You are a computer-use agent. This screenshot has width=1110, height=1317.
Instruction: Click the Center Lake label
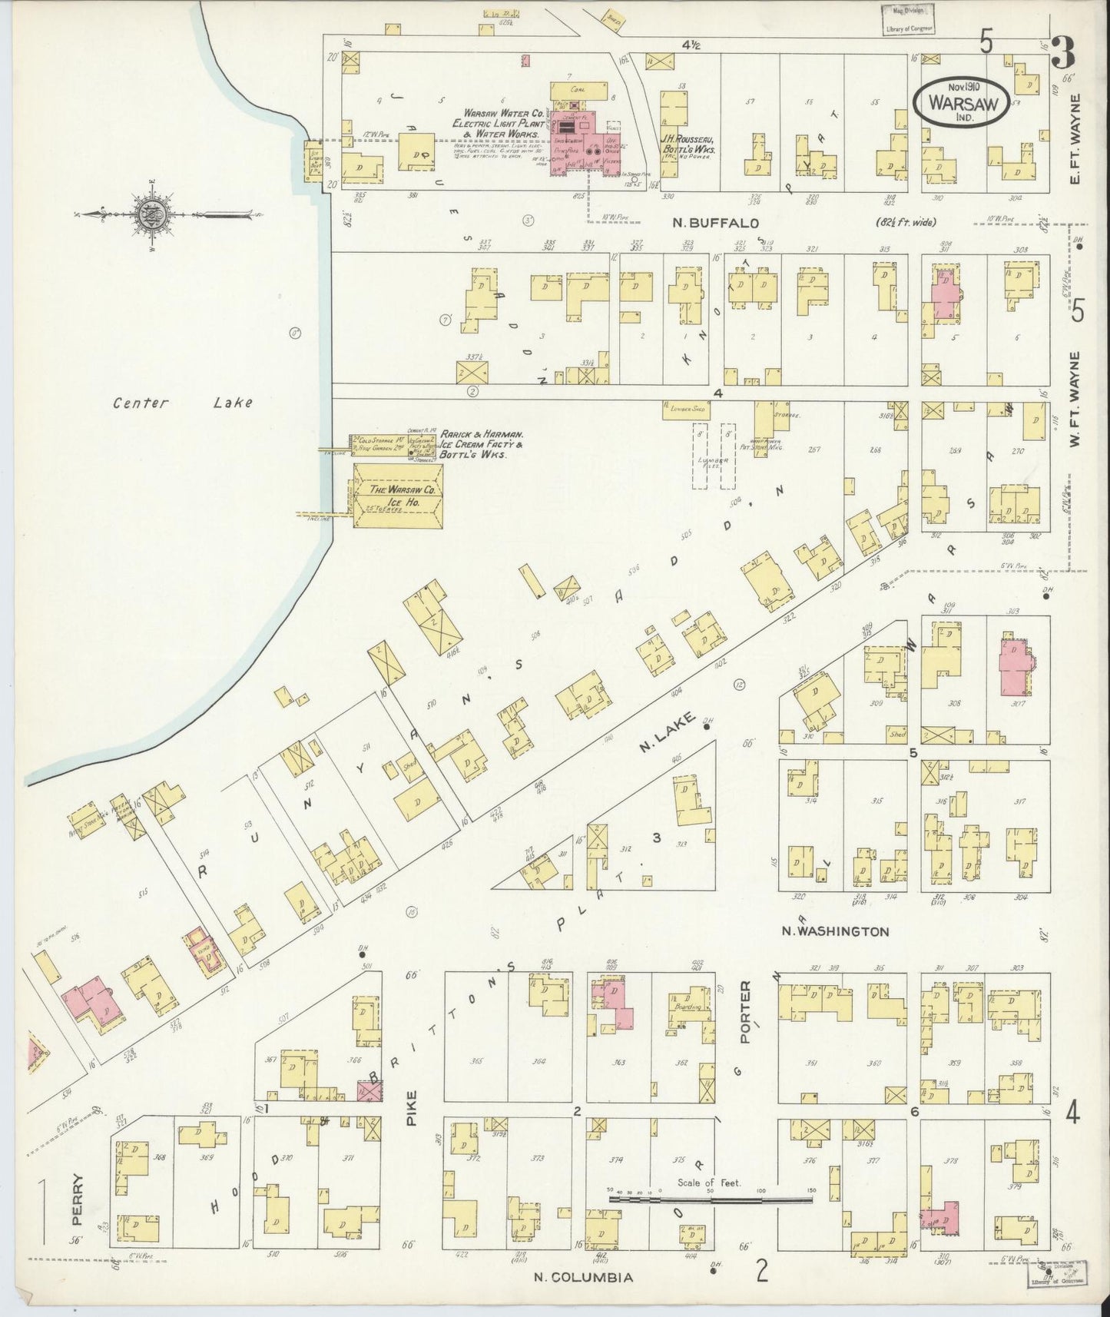182,403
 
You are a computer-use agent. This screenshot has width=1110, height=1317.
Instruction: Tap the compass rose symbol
149,213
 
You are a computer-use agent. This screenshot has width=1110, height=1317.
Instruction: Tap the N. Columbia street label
585,1277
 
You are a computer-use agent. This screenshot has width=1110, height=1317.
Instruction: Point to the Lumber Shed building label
685,410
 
